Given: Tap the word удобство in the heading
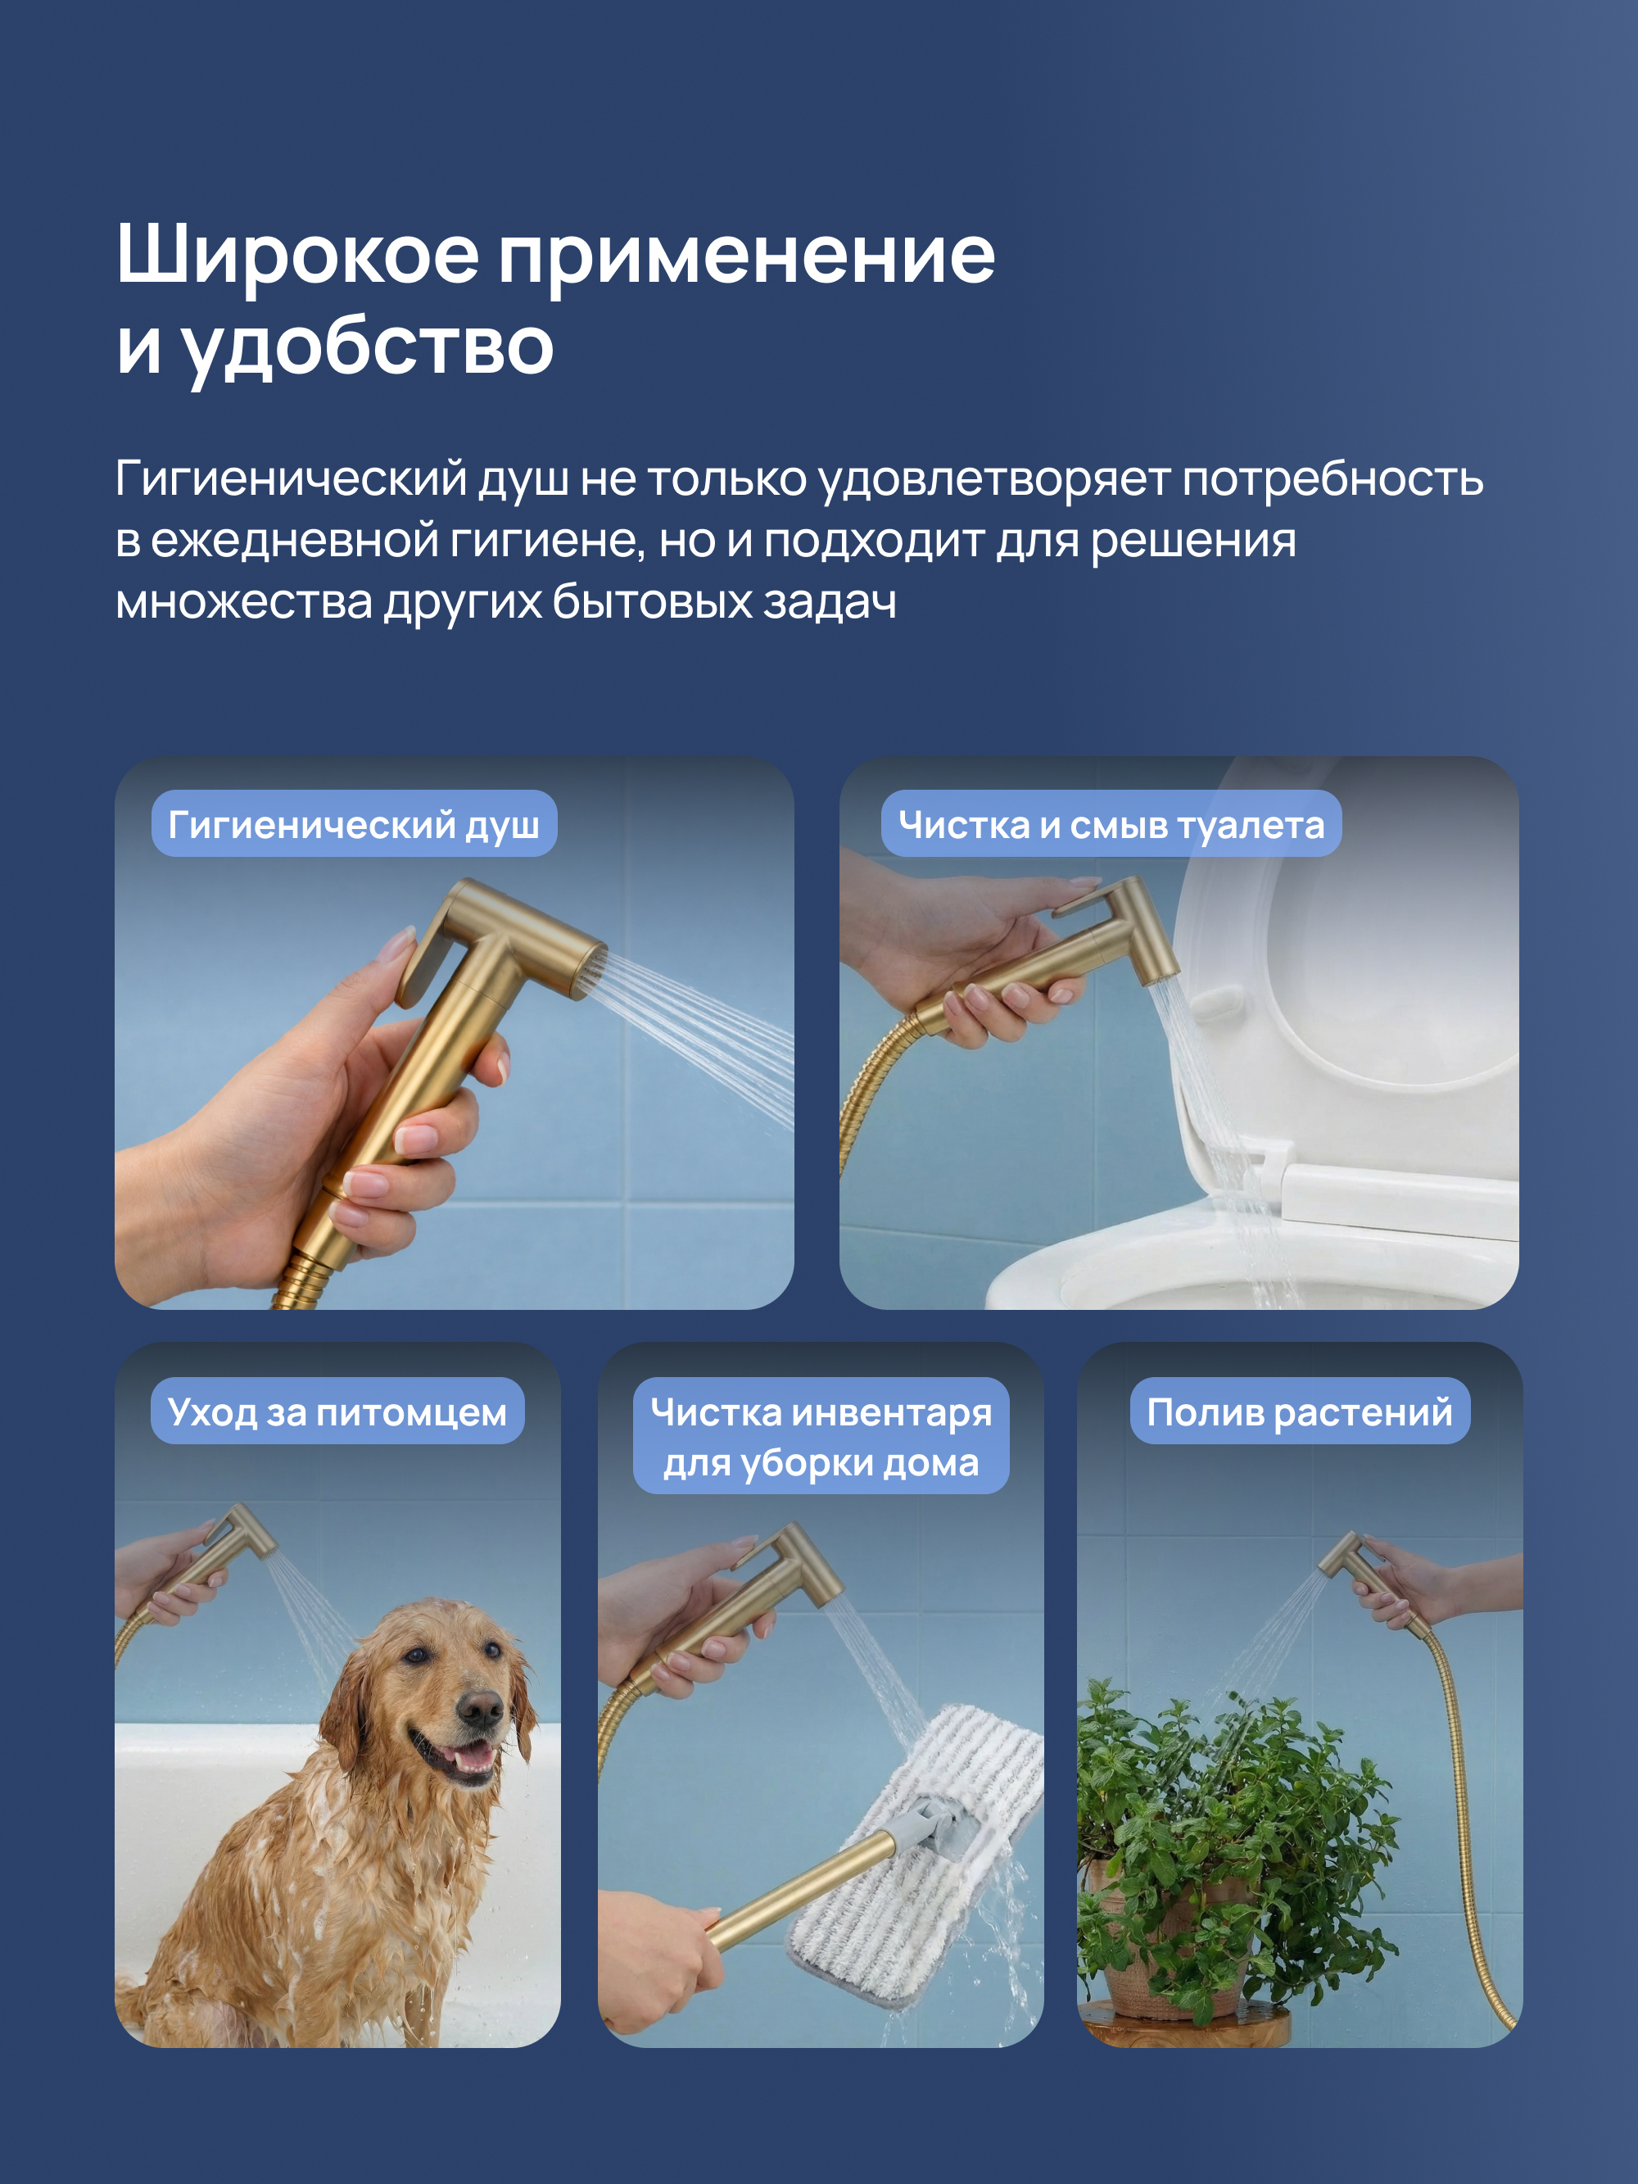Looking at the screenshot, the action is (367, 348).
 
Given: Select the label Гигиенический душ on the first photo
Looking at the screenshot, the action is (354, 823).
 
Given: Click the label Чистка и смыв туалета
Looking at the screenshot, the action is (1111, 823).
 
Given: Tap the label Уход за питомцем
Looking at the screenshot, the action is (337, 1411).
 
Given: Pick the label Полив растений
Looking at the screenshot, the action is (1299, 1411).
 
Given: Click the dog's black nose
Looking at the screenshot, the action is (482, 1709).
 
